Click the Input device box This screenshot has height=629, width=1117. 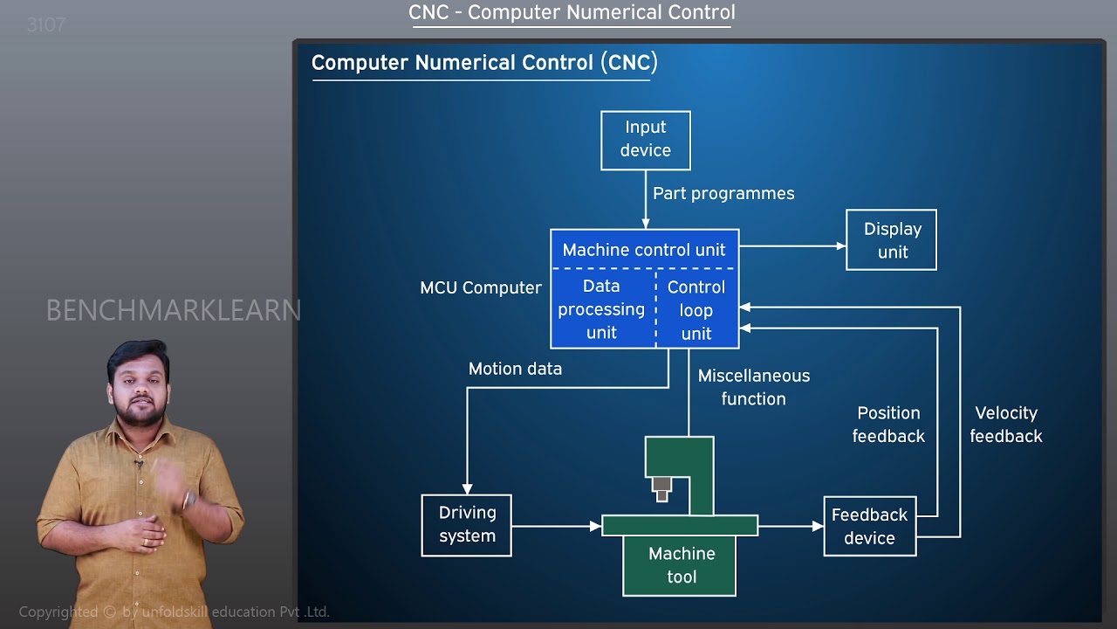click(646, 140)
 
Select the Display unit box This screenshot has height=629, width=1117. click(891, 240)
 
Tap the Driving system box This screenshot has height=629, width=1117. click(467, 525)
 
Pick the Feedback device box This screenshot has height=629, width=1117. click(869, 526)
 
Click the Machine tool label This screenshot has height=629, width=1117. click(681, 565)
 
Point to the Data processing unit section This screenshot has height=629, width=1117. click(602, 309)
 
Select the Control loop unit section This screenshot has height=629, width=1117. click(696, 310)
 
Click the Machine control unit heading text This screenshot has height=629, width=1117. click(644, 250)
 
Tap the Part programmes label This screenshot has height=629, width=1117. click(723, 194)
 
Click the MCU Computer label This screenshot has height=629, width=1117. click(481, 288)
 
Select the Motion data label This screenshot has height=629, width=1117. click(515, 369)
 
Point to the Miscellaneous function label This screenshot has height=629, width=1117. click(753, 387)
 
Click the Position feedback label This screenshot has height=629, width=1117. click(888, 425)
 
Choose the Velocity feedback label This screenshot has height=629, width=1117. click(1005, 425)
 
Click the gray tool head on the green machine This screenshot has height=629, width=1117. click(661, 488)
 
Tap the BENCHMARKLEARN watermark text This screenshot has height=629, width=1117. click(173, 310)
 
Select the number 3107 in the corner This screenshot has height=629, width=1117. click(46, 25)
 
